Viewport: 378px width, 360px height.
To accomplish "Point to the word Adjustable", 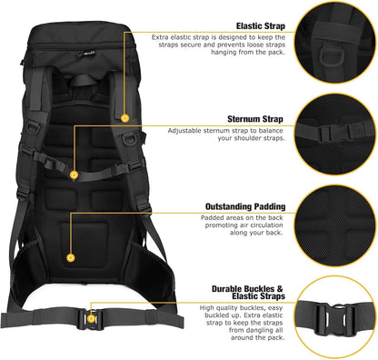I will (x=186, y=131).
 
